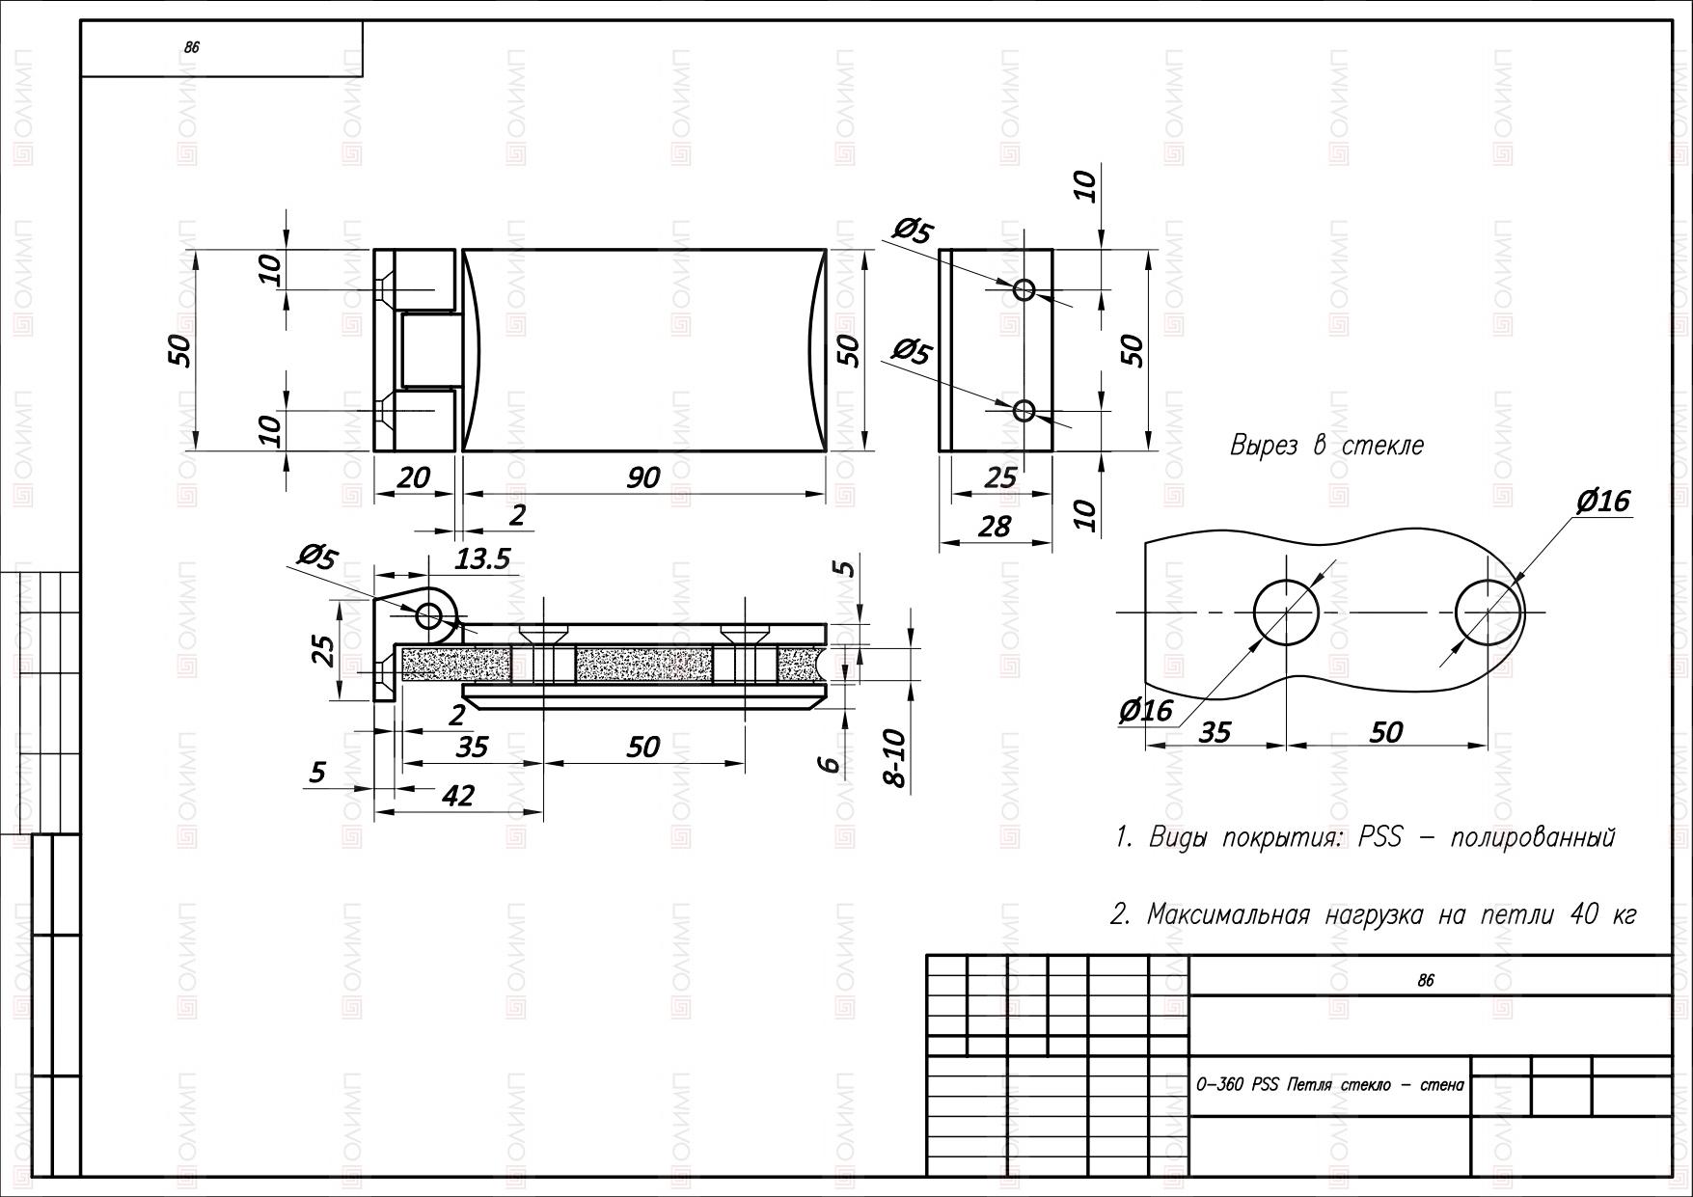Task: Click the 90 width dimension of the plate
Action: pos(643,476)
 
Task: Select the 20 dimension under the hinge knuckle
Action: pos(413,476)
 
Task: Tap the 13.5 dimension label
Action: pos(482,558)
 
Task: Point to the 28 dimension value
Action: pos(995,526)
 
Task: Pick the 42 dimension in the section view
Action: pos(458,795)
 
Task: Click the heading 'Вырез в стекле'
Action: pos(1326,446)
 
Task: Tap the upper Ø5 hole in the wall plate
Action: pos(1024,289)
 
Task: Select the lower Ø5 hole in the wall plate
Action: pos(1024,412)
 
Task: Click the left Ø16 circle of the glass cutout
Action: pos(1286,612)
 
